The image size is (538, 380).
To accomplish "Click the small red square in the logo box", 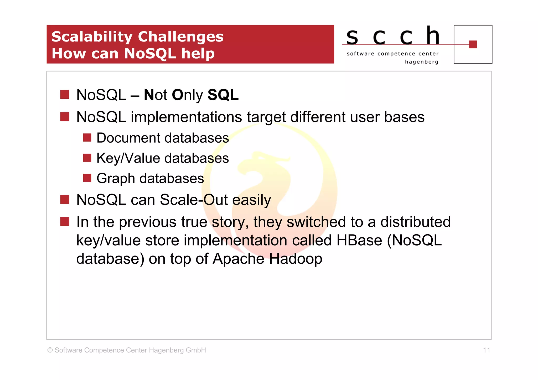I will click(473, 44).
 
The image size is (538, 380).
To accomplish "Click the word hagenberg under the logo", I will click(422, 62).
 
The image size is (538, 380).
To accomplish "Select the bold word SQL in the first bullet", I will click(223, 95).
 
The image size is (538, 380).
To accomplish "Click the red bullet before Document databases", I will click(87, 138).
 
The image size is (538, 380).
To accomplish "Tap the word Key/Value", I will click(128, 158).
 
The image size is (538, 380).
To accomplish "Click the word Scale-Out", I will click(194, 200).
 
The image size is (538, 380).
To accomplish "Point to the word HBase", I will click(359, 240).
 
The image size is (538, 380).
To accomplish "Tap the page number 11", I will click(486, 350).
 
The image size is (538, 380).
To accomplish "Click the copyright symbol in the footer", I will click(50, 350).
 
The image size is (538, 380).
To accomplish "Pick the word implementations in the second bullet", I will click(186, 117).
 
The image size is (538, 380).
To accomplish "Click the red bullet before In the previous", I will click(65, 221).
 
